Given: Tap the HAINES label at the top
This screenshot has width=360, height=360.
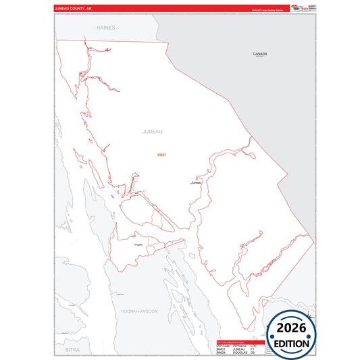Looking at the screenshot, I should click(x=106, y=28).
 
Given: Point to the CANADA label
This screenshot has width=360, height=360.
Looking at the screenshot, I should click(x=260, y=53).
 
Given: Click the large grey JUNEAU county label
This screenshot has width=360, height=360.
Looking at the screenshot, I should click(x=153, y=132).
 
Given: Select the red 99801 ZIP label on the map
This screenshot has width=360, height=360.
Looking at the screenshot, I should click(x=161, y=155).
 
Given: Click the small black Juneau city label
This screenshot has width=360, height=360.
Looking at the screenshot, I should click(x=196, y=182).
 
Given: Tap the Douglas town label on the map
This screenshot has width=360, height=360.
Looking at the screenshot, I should click(x=138, y=245).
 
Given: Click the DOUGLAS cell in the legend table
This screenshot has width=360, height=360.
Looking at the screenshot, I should click(x=239, y=353).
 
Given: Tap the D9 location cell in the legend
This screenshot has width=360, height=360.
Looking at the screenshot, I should click(x=253, y=353).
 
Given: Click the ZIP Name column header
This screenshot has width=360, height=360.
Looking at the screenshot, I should click(x=239, y=345).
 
